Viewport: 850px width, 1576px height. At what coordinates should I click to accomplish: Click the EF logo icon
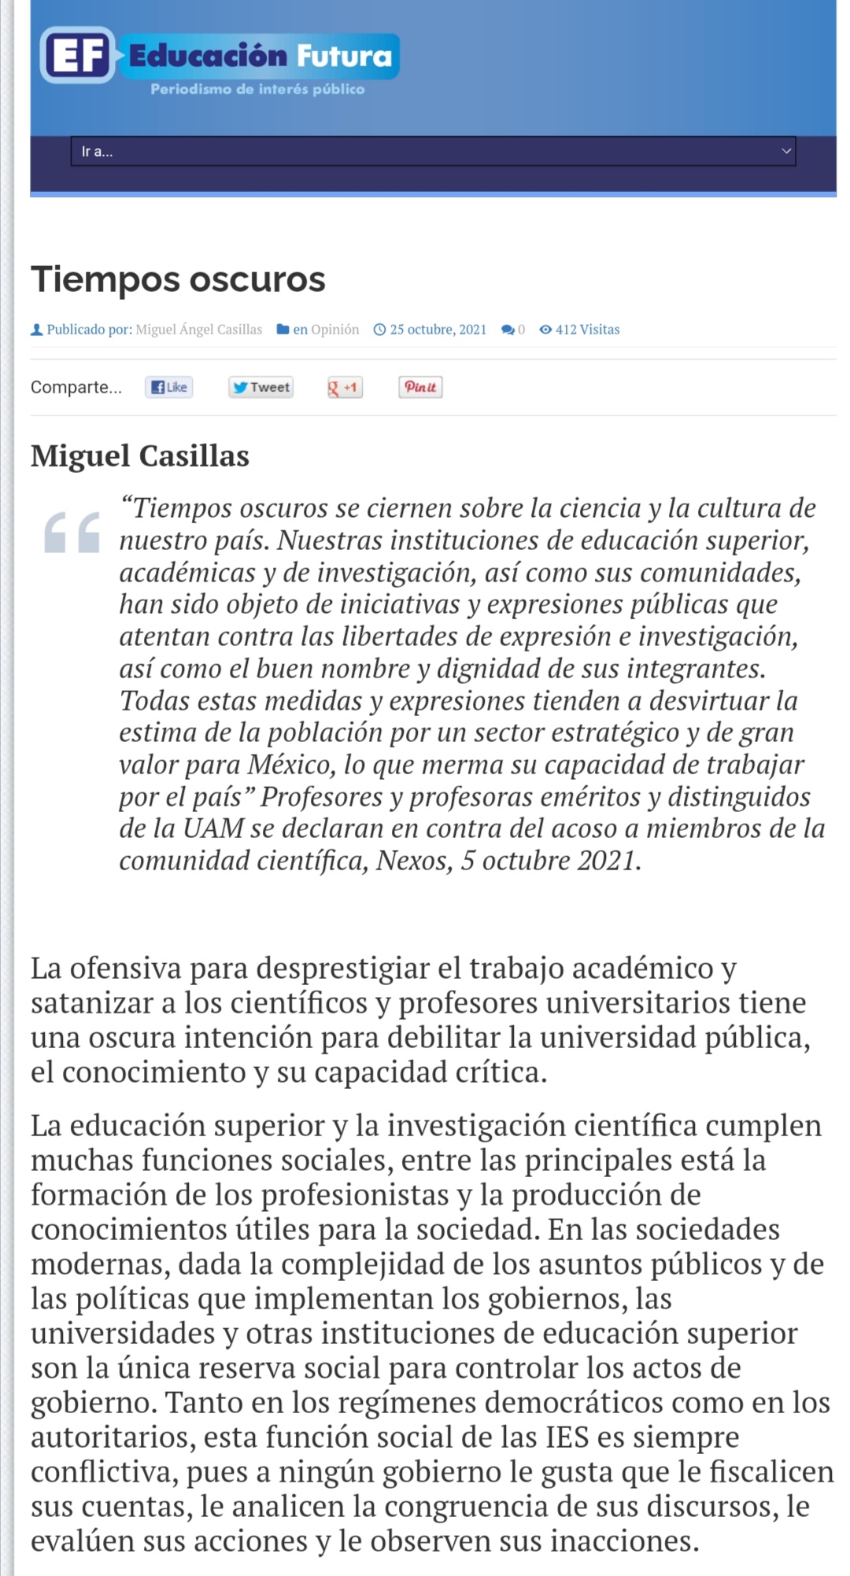coord(77,55)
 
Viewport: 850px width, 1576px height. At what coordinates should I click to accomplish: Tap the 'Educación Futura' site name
coord(260,56)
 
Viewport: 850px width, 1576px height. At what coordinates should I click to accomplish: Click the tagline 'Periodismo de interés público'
coord(257,90)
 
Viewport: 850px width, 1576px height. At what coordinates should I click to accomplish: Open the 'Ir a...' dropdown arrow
coord(785,151)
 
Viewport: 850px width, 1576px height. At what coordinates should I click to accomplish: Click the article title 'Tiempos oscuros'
coord(178,279)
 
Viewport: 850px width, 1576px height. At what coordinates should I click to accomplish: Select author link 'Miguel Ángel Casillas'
coord(199,330)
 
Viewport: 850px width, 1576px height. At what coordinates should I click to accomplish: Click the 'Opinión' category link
coord(334,330)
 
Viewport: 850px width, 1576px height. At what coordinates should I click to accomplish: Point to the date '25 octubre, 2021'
coord(438,330)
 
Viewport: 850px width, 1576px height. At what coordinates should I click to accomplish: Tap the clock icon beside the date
coord(379,330)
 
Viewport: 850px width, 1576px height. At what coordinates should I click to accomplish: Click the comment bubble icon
coord(508,330)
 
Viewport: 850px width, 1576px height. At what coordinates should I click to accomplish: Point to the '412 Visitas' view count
coord(587,330)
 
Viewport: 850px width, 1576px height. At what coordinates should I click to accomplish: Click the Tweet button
coord(261,387)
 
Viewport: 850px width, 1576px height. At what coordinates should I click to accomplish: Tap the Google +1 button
coord(344,387)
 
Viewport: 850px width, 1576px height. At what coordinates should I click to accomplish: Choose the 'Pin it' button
coord(420,387)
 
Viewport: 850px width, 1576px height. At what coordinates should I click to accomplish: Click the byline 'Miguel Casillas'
coord(140,456)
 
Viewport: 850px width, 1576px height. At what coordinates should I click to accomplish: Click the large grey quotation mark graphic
coord(72,533)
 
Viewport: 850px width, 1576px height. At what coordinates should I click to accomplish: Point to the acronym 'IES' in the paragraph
coord(567,1438)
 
